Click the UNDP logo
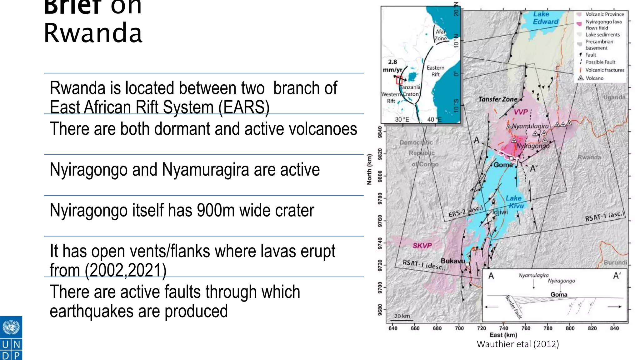pos(11,338)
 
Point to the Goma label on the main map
pos(503,165)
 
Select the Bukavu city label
pos(453,261)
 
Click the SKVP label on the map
pos(422,246)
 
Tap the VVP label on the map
pos(521,112)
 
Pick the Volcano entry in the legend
pos(594,78)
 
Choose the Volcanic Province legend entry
pos(604,14)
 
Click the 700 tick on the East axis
pos(459,328)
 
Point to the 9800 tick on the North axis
pos(380,176)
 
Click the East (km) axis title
pos(503,335)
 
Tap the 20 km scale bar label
pos(402,316)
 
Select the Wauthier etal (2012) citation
pos(517,344)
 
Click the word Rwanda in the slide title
pos(93,33)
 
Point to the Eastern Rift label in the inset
pos(435,71)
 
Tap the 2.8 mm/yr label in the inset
pos(393,66)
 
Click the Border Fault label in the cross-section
pos(513,307)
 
